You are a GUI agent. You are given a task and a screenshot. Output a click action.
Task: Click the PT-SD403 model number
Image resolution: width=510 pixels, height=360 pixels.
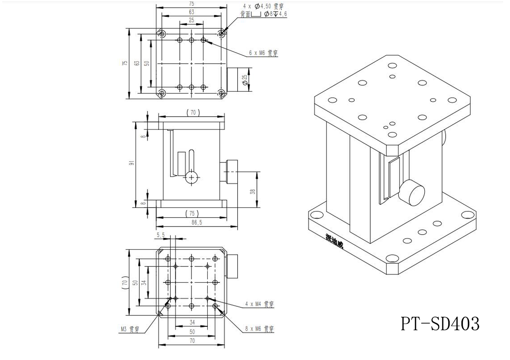pos(440,324)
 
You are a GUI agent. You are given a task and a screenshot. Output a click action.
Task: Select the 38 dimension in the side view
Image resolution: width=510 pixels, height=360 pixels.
pos(253,191)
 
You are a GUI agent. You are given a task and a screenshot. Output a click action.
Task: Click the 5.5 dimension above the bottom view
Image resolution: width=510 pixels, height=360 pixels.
pos(161,235)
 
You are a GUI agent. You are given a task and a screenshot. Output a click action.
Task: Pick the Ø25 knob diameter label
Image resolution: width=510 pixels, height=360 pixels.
pos(245,79)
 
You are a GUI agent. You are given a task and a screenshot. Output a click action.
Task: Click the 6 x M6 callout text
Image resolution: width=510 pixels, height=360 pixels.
pos(263,53)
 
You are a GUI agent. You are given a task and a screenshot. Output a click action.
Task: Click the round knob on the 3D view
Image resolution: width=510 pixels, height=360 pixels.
pos(412,192)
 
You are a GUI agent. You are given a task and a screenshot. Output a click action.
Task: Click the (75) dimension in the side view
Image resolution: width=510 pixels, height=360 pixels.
pos(193,213)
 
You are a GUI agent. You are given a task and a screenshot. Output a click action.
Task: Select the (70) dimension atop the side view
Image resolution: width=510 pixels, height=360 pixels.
pos(193,112)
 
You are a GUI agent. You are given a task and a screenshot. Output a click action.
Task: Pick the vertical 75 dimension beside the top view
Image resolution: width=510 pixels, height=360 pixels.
pos(125,64)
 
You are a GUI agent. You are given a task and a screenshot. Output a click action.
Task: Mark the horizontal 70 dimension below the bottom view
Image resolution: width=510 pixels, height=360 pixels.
pos(192,340)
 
